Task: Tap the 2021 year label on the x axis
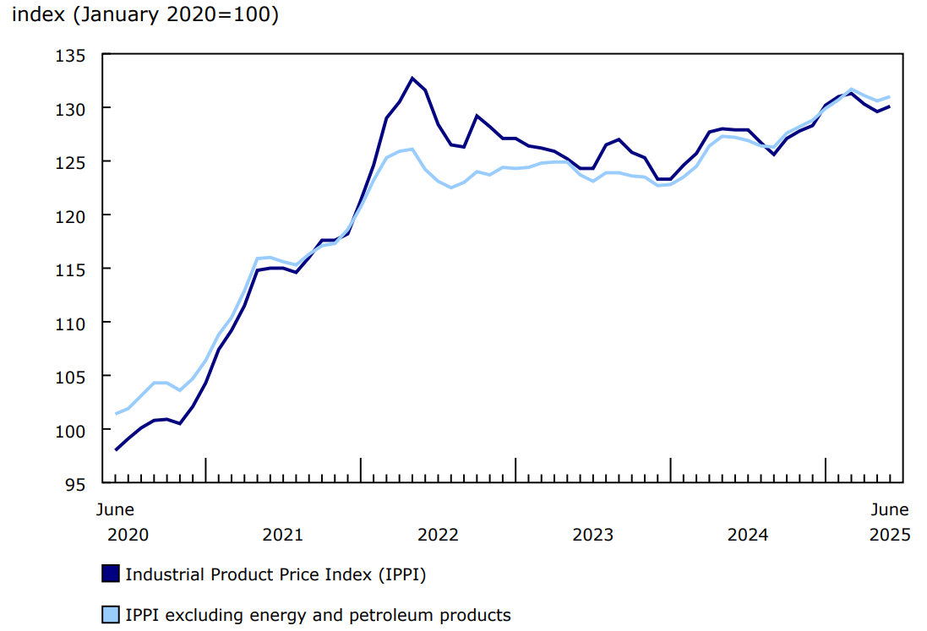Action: [x=282, y=535]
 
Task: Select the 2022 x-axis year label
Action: [x=438, y=535]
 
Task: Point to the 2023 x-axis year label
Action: [x=592, y=535]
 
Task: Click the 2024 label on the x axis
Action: [x=748, y=535]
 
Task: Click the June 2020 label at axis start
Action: [x=116, y=522]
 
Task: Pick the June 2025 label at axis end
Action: [x=890, y=522]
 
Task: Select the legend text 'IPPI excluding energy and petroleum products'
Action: [x=318, y=615]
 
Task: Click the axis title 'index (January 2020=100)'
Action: [x=145, y=14]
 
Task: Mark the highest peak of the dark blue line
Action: [x=412, y=78]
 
